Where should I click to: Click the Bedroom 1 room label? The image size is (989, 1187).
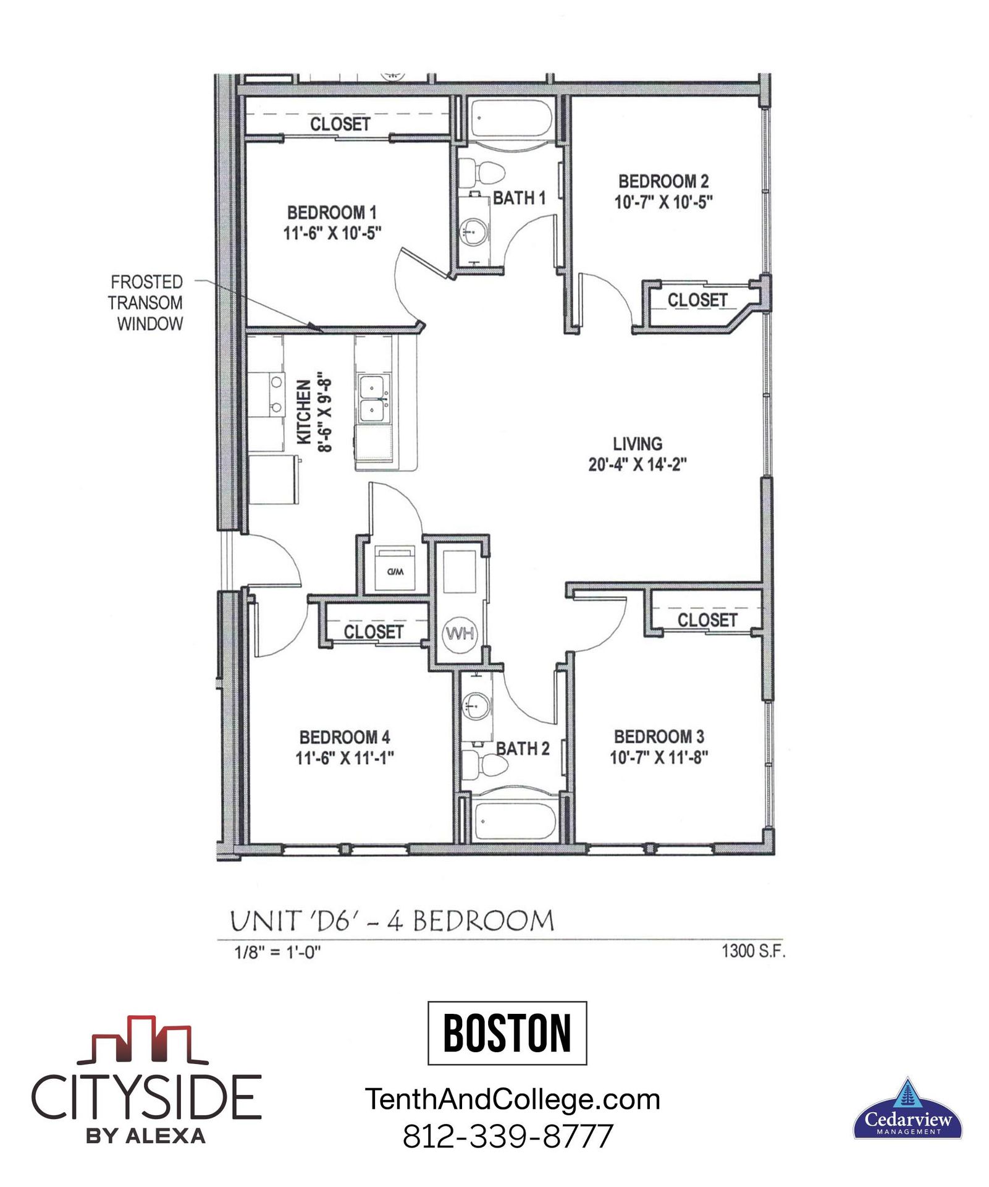point(332,213)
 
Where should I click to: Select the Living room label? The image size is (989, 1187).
point(638,444)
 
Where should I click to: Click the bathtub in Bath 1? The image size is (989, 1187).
point(511,119)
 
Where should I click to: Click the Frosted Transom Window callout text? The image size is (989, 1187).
point(146,303)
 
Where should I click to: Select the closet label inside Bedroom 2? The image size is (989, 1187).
point(697,300)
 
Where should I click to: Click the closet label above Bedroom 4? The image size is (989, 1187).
point(373,632)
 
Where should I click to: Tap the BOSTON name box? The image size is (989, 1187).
point(507,1033)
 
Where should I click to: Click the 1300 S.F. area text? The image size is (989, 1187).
point(753,951)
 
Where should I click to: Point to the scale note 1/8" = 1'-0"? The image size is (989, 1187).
point(277,953)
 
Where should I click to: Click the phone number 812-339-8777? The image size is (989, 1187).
point(508,1136)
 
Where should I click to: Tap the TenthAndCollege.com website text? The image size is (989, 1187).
point(513,1099)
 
